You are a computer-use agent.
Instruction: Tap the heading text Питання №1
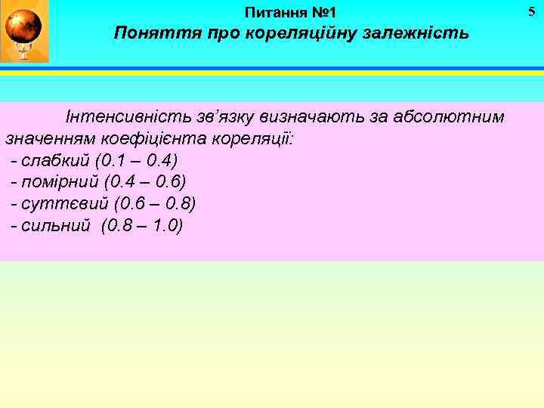pos(292,13)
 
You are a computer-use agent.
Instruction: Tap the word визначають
pos(309,118)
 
